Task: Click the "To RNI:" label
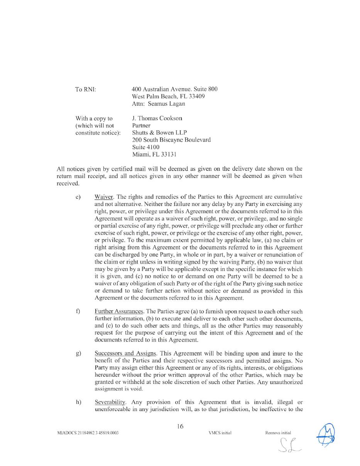tap(85, 89)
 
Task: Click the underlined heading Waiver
tap(103, 197)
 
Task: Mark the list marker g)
tap(78, 353)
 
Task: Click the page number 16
tap(180, 426)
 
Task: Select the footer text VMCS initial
tap(220, 433)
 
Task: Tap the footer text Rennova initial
tap(278, 433)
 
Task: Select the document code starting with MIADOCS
tap(88, 433)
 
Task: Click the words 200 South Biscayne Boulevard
tap(171, 140)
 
